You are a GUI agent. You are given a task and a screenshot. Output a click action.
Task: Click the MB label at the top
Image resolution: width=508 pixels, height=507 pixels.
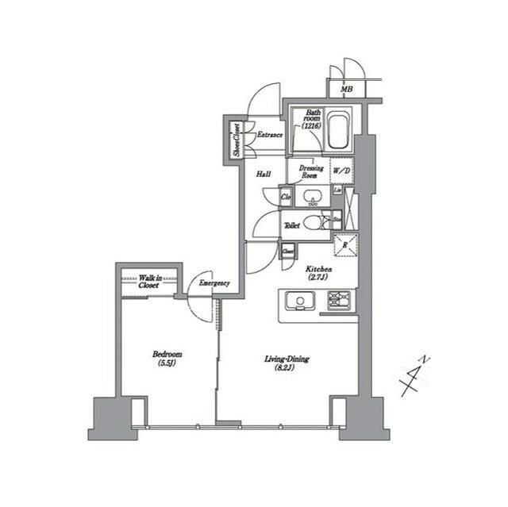pos(347,89)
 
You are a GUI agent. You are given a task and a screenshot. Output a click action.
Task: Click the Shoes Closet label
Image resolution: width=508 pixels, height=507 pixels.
pos(236,140)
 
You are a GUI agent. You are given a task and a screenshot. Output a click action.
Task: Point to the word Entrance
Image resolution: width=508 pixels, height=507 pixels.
pos(269,136)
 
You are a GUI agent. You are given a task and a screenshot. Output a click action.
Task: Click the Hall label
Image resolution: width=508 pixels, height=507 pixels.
pos(265,174)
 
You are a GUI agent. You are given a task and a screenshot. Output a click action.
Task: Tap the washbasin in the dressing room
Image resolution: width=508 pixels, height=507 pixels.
pos(312,196)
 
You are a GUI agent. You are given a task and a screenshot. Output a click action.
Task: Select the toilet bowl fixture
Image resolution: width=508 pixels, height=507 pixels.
pos(314,223)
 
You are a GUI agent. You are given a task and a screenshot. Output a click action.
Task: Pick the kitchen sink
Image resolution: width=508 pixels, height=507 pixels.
pos(302,301)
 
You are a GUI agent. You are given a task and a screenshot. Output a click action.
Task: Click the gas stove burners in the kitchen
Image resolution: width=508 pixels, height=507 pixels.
pos(341,300)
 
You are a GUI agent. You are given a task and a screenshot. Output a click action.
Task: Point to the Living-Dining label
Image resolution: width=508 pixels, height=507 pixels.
pos(287,363)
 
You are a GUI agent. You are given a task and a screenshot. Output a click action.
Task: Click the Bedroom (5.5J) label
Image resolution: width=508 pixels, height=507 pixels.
pos(167,359)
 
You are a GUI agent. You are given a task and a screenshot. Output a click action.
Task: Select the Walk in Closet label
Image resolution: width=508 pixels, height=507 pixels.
pos(148,282)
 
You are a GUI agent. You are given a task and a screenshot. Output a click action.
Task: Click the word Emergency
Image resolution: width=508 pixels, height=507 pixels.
pos(214,283)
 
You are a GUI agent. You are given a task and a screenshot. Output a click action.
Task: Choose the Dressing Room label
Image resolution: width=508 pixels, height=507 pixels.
pos(310,171)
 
